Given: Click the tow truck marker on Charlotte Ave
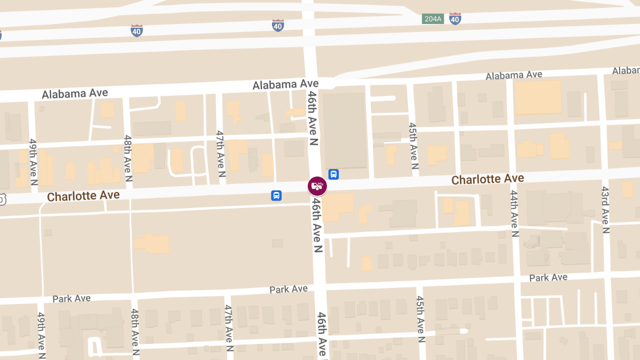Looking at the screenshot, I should tap(317, 186).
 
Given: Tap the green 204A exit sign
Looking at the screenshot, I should tap(433, 19).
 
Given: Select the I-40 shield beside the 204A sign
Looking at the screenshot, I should tap(455, 19).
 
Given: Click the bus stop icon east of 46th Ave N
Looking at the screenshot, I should tap(334, 174).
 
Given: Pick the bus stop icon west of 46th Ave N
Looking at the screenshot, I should tap(276, 195).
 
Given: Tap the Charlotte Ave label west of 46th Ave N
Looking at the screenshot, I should tap(83, 196).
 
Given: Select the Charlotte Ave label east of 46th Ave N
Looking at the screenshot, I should tap(487, 179).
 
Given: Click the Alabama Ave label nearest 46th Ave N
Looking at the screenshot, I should tap(285, 84).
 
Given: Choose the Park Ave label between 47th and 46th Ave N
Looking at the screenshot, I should tap(289, 289).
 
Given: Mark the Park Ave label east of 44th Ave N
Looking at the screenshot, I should tap(548, 277).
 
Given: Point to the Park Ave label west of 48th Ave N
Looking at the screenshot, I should tap(71, 298).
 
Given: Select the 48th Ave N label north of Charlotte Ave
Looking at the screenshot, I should tap(128, 158).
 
